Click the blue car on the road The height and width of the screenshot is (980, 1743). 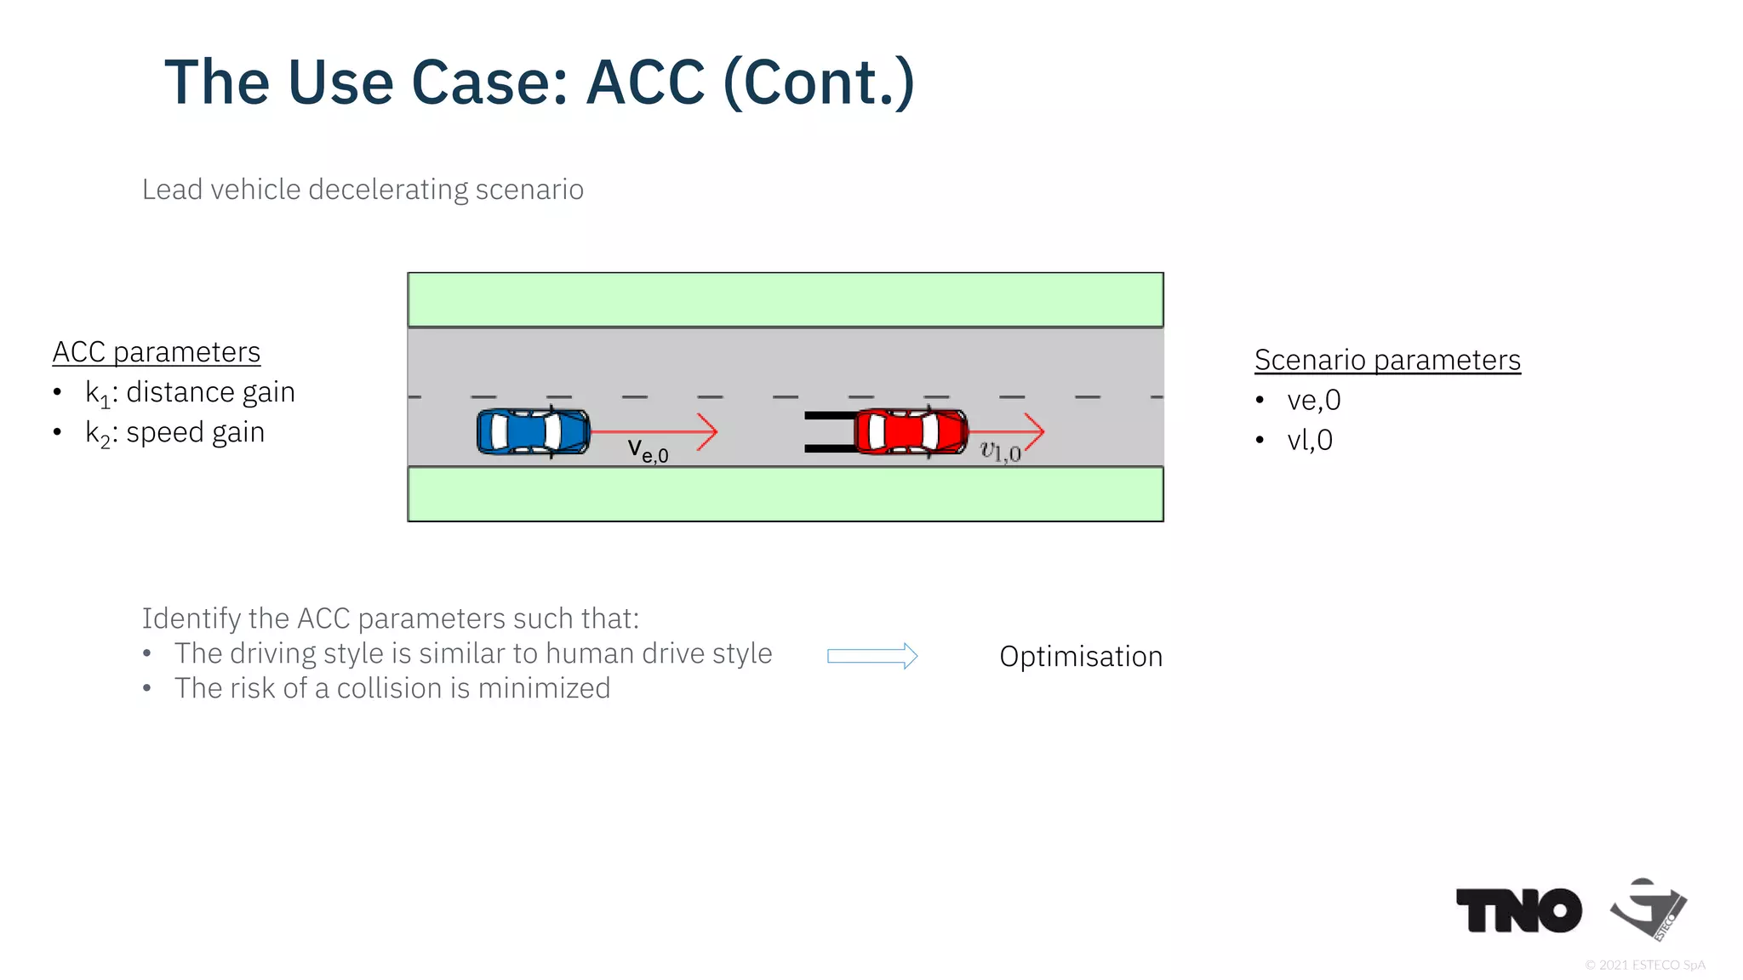click(533, 431)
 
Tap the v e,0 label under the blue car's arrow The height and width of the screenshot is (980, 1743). click(648, 450)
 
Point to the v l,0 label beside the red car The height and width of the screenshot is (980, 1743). click(1000, 451)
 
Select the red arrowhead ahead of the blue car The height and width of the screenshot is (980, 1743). click(707, 431)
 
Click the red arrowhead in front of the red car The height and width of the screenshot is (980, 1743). click(1033, 431)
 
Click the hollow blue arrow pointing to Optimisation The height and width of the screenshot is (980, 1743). click(872, 656)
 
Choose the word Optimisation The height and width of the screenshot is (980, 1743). click(1081, 657)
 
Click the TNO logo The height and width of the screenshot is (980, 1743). click(1518, 910)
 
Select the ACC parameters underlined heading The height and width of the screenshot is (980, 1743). click(157, 352)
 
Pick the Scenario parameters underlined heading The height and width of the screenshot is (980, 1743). click(1387, 360)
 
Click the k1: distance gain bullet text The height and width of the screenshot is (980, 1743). click(190, 392)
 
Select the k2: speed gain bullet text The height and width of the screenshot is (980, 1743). click(175, 433)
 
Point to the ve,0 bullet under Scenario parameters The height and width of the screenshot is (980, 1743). click(1313, 400)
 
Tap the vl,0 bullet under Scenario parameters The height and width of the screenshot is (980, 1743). click(1310, 440)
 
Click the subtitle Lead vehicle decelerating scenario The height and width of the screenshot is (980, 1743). click(363, 189)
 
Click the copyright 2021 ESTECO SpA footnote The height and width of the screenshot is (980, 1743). click(1644, 965)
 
